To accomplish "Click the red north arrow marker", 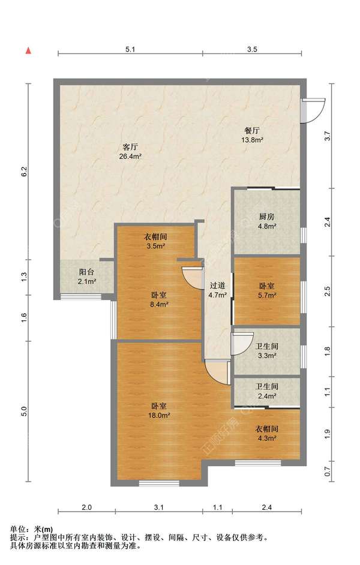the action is pos(28,50).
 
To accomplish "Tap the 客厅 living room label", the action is pos(130,147).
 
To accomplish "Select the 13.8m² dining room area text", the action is pos(252,140).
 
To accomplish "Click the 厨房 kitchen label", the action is pos(266,217).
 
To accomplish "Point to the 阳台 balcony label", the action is pos(86,272).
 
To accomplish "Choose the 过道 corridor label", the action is pos(217,285).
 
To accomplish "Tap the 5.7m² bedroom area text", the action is pos(267,296).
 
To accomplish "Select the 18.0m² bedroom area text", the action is pos(159,415).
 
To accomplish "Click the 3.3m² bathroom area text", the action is pos(267,356).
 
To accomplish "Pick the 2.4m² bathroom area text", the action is pos(267,396).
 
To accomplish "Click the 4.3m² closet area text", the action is pos(267,438).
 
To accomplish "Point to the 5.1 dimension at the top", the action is pos(130,49).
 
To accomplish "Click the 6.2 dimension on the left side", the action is pos(24,172).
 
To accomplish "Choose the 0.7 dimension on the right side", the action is pos(327,471).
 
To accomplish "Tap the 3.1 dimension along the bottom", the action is pos(159,507).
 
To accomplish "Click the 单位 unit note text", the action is pos(17,530).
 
